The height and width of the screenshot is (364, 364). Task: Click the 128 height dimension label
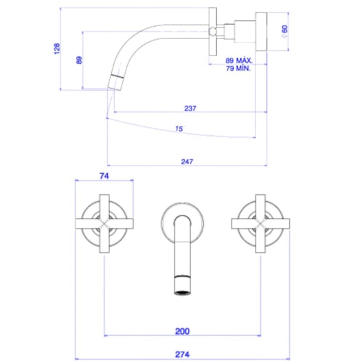pos(57,49)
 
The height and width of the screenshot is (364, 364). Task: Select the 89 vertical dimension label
pos(79,59)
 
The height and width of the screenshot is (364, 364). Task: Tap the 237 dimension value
pos(190,107)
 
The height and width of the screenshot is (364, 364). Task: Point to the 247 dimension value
pos(187,161)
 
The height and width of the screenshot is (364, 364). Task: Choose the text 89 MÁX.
pos(239,60)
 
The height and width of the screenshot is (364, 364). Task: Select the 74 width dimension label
pos(104,176)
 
